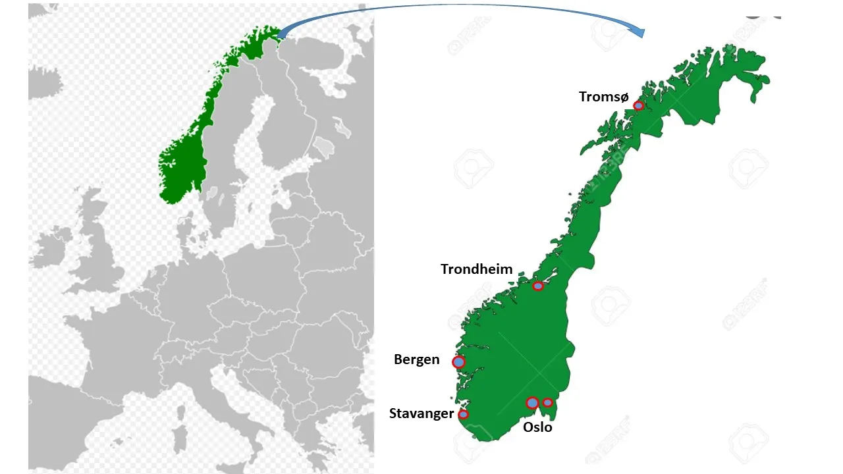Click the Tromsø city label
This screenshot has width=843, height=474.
coord(603,97)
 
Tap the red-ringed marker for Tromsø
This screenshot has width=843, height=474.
coord(638,105)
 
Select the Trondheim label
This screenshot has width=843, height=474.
coord(476,269)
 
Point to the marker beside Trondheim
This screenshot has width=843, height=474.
coord(538,286)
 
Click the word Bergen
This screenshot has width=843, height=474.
coord(416,359)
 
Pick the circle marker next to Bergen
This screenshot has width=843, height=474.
coord(458,362)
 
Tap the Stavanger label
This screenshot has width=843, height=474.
coord(421,413)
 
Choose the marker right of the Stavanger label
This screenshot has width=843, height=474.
coord(463,414)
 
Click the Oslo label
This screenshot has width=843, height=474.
coord(537,427)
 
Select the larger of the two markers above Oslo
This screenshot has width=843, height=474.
coord(532,403)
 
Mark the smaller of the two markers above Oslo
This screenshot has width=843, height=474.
coord(547,402)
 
